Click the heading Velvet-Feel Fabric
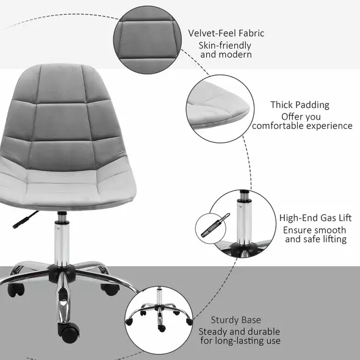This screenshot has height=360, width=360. [x=226, y=33]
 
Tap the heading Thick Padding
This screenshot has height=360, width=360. [x=300, y=105]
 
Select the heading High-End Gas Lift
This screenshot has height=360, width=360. [x=315, y=218]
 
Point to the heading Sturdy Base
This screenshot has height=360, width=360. [x=236, y=319]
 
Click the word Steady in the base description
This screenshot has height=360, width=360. [x=213, y=331]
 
